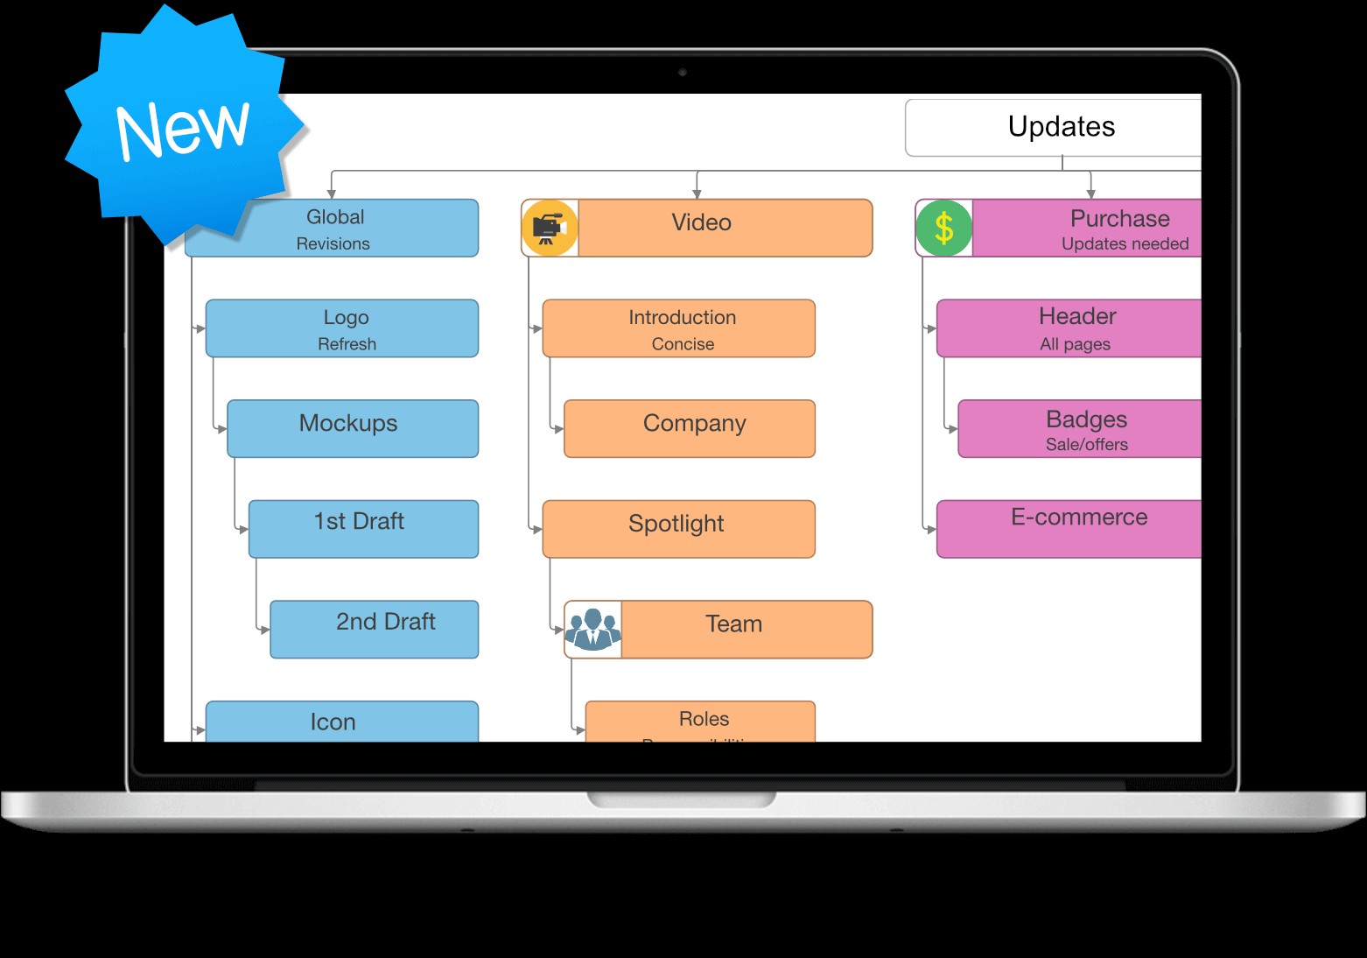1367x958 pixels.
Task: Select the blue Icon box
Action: tap(342, 722)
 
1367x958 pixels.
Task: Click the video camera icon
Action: tap(549, 228)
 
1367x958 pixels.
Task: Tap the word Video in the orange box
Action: tap(701, 222)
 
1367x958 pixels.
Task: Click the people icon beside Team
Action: tap(592, 629)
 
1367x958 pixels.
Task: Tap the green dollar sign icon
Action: tap(943, 228)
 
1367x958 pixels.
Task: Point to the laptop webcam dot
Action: tap(683, 72)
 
